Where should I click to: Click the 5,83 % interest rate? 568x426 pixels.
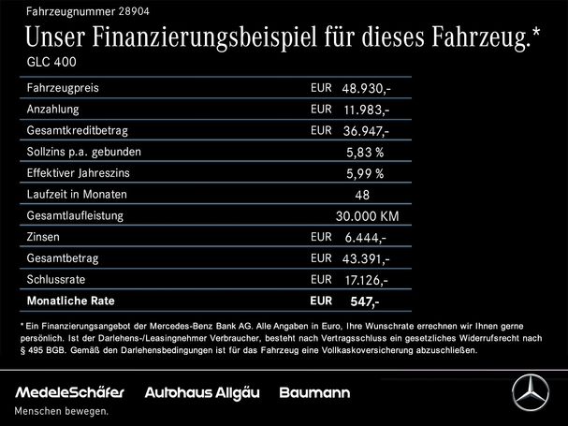[x=365, y=153]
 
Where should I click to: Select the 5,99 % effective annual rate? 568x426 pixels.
[x=365, y=174]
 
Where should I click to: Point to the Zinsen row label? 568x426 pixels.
[x=43, y=238]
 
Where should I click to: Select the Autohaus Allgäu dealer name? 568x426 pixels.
[x=198, y=389]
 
